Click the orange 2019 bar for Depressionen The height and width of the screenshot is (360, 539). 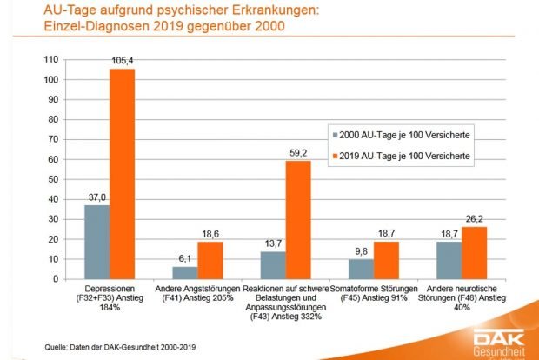tap(122, 174)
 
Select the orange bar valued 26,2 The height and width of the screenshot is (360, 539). tap(475, 253)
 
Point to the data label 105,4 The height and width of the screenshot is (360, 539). tap(123, 61)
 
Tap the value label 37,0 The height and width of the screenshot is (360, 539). tap(96, 197)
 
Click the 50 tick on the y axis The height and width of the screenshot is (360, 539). tap(52, 179)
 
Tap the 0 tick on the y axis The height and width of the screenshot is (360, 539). tap(55, 279)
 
